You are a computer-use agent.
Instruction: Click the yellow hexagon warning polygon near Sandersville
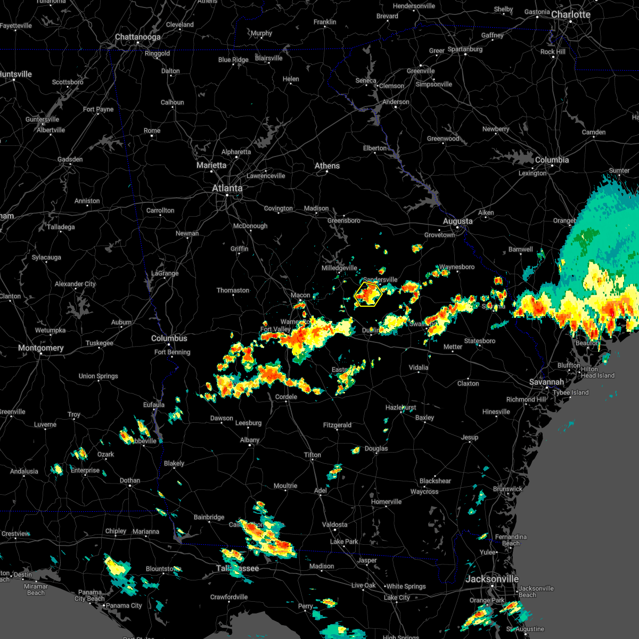(368, 294)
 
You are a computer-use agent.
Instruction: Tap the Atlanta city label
(227, 188)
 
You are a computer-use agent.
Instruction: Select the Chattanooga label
(137, 37)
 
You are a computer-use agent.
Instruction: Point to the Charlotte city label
(571, 14)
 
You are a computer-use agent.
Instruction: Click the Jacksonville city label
(492, 579)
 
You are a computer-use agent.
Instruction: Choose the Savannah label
(546, 382)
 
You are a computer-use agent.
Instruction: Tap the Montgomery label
(40, 348)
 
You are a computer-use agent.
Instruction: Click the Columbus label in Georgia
(169, 338)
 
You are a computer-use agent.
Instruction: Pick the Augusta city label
(457, 221)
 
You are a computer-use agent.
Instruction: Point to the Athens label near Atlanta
(327, 166)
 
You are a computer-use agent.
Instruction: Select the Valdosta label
(334, 525)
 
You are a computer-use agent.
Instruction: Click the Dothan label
(130, 480)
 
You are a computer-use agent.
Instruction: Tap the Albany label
(250, 440)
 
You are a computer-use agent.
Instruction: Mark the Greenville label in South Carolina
(421, 71)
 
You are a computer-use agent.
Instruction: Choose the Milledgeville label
(339, 268)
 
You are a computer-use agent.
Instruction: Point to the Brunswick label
(507, 489)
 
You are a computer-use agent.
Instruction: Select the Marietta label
(211, 165)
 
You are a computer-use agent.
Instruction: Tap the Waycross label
(424, 491)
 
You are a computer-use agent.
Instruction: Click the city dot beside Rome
(152, 136)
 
